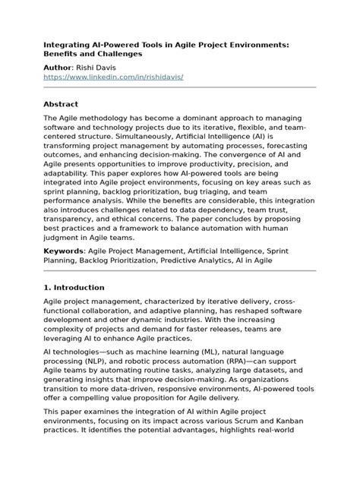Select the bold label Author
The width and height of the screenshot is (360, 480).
click(x=61, y=68)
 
